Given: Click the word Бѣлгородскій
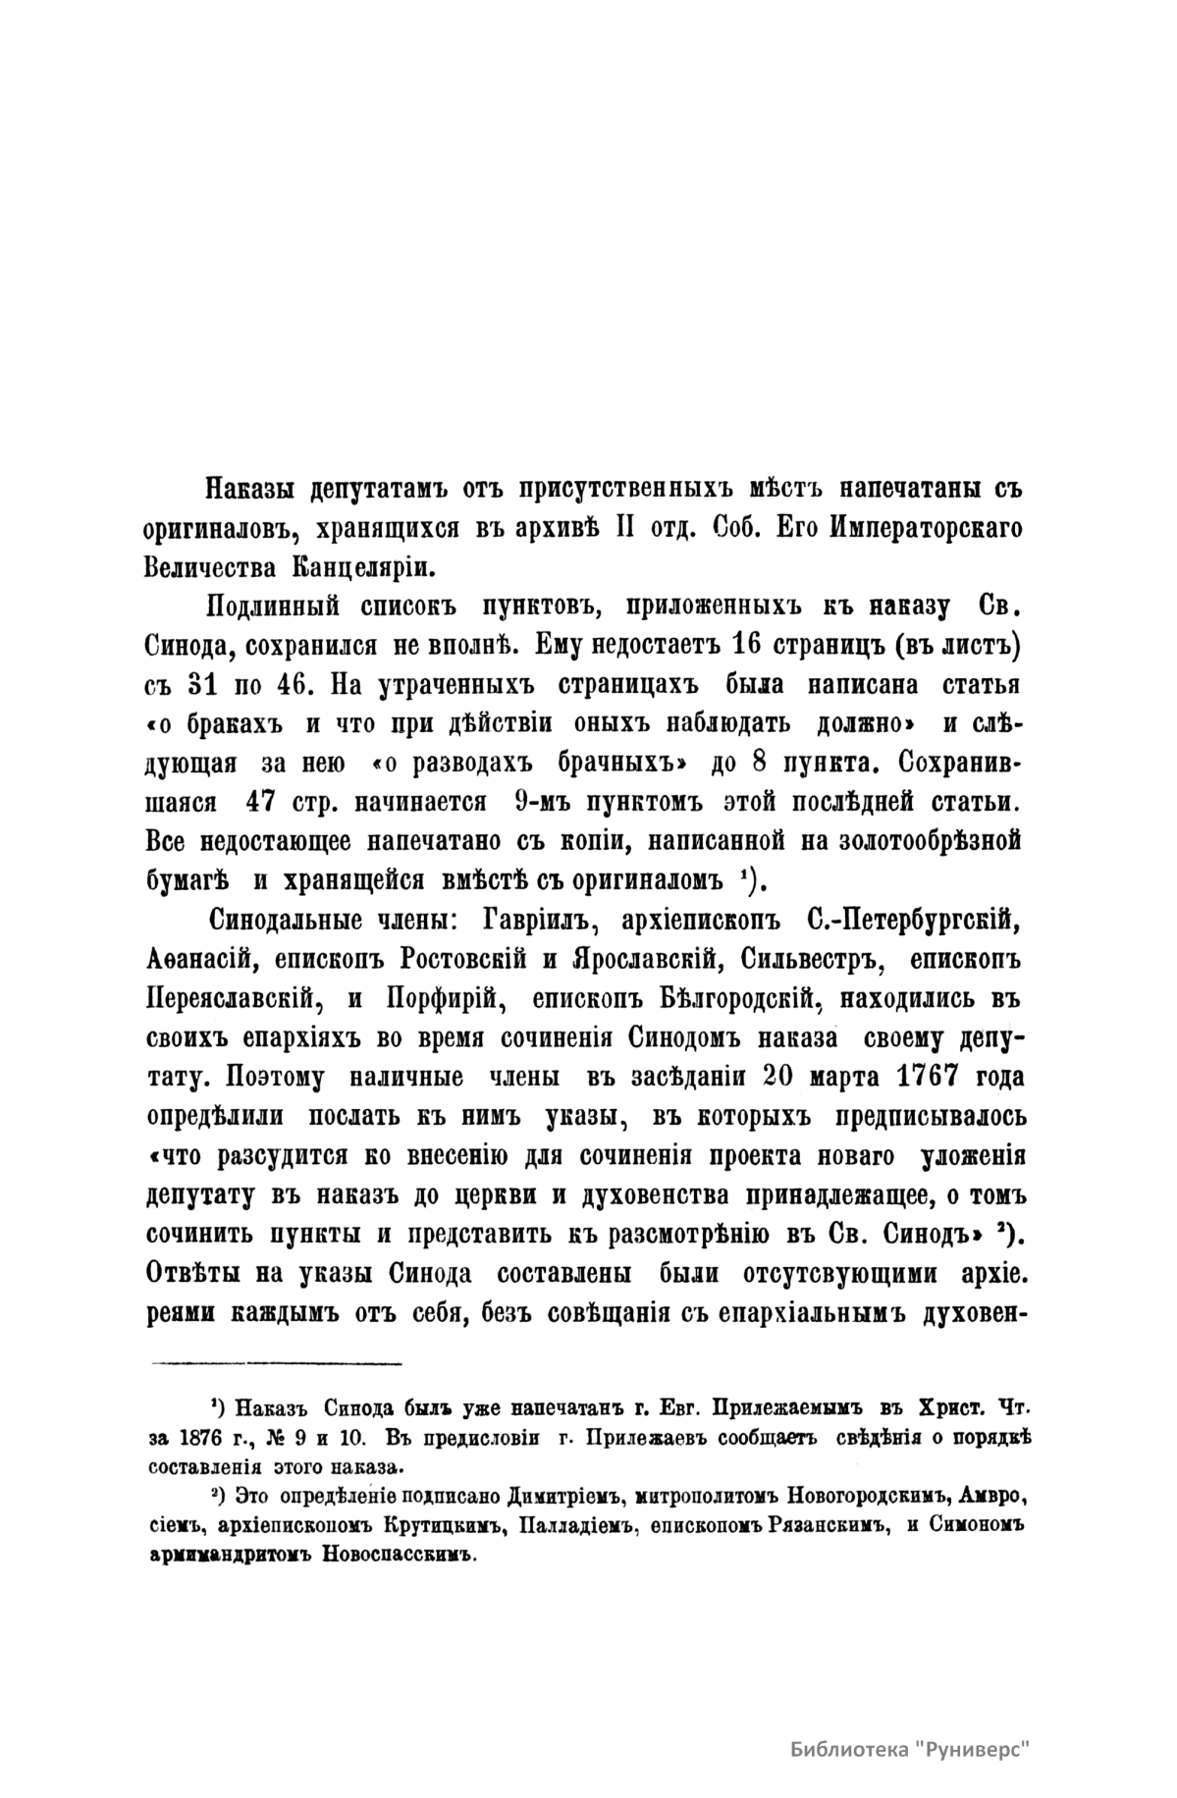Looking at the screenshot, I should pyautogui.click(x=722, y=998).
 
